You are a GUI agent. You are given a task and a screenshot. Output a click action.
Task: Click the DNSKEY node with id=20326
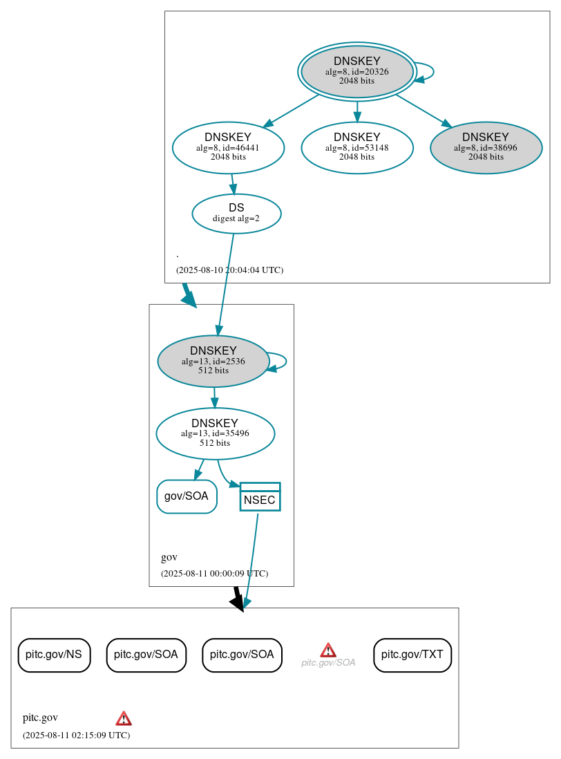[356, 71]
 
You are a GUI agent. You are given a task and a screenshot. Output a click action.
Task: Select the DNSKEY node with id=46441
[228, 147]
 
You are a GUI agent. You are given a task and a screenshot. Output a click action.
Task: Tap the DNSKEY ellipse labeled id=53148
[356, 147]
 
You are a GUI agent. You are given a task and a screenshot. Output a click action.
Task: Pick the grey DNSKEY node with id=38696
[486, 147]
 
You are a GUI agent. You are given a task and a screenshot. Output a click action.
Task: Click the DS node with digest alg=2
[236, 213]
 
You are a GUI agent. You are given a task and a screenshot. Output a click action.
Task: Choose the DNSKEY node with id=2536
[213, 361]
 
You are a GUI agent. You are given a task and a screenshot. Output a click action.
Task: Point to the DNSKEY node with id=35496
[215, 433]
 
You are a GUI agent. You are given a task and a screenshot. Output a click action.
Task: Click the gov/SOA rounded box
[187, 496]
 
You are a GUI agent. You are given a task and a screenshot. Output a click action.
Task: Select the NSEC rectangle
[260, 497]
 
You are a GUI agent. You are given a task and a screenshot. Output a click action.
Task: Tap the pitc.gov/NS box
[54, 655]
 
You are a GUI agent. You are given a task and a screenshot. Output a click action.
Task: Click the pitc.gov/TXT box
[412, 655]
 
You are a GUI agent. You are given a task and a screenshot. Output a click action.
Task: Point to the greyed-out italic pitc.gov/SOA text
[328, 662]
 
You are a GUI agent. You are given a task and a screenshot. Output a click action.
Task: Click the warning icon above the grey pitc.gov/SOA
[328, 650]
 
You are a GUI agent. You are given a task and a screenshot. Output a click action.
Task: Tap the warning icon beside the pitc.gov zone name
[124, 718]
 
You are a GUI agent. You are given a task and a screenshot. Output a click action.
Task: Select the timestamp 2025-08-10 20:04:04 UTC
[229, 270]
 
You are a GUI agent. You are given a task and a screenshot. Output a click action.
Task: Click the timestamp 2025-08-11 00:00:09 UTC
[214, 573]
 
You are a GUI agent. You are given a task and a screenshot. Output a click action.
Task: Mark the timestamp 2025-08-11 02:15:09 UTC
[76, 735]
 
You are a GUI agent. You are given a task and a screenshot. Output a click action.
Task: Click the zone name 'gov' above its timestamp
[169, 557]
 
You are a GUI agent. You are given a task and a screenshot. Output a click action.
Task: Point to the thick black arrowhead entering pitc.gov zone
[238, 603]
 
